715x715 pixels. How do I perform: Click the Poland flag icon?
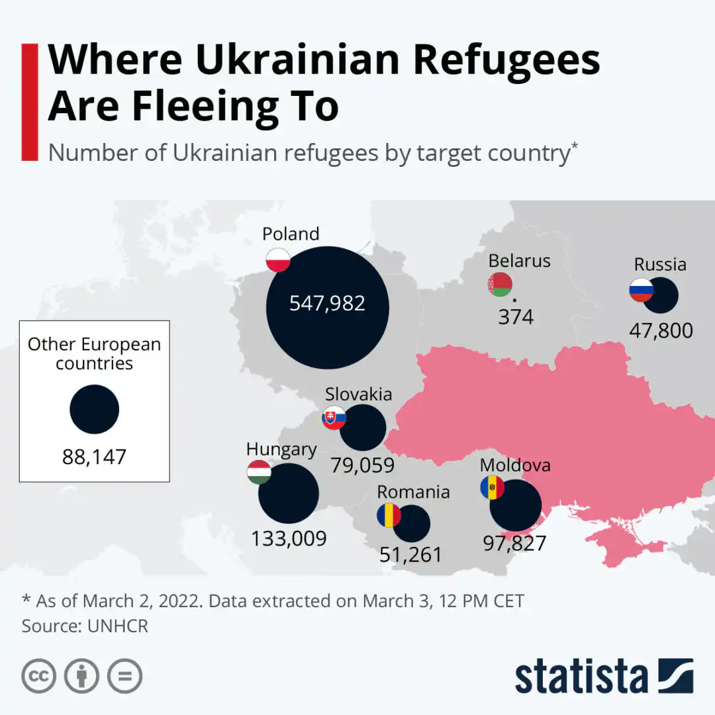[278, 260]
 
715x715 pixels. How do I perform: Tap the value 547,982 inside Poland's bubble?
[327, 303]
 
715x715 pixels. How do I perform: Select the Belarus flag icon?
[500, 285]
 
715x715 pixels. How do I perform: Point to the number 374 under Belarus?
[516, 318]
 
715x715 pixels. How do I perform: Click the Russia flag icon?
[641, 290]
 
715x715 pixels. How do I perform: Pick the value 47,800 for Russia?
[661, 330]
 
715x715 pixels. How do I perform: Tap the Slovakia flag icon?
[334, 418]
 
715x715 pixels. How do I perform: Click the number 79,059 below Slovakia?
[363, 465]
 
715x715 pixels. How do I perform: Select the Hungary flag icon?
[259, 471]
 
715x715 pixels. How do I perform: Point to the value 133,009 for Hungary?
[289, 538]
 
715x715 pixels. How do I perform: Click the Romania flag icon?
[389, 515]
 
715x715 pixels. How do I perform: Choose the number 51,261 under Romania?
[410, 555]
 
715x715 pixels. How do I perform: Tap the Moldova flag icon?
[492, 488]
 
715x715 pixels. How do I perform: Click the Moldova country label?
[515, 465]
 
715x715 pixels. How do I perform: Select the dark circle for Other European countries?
[94, 410]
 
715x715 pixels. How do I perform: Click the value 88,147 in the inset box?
[94, 457]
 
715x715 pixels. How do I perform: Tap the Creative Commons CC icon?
[38, 676]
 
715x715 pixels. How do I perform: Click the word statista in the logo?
[581, 677]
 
